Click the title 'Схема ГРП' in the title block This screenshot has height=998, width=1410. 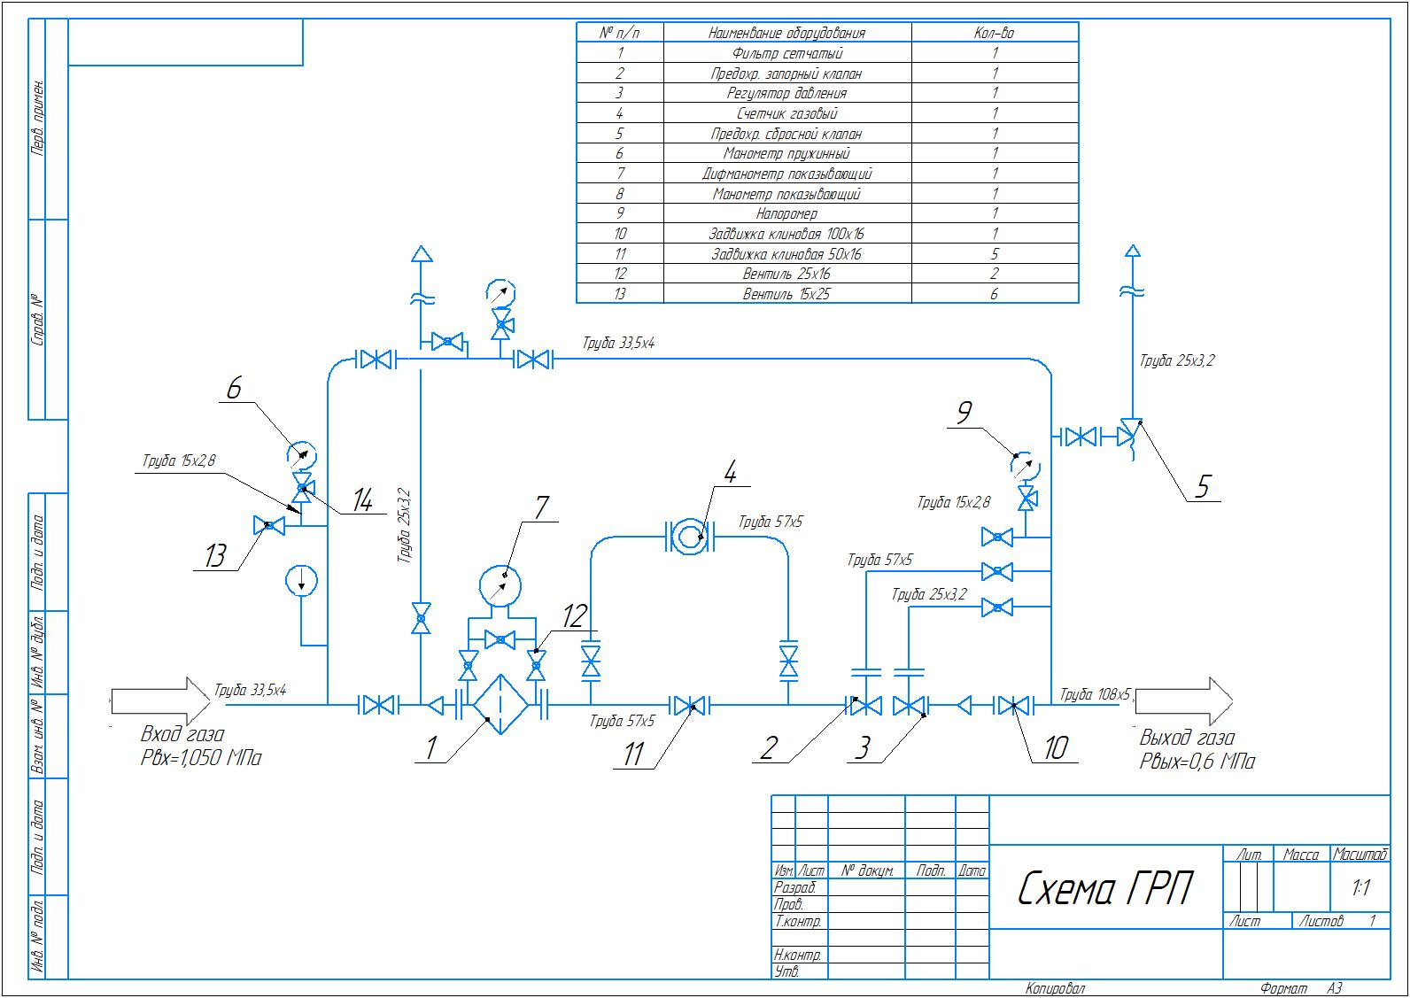[1104, 888]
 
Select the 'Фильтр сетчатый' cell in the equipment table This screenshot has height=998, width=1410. [786, 53]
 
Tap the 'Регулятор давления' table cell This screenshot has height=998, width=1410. [786, 93]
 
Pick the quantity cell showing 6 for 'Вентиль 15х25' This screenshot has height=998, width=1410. [995, 294]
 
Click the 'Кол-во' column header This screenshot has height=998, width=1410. [995, 33]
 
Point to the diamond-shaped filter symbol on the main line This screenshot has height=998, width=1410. [500, 705]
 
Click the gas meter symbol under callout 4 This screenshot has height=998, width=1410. [690, 537]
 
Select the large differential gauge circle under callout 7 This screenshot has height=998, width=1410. [500, 586]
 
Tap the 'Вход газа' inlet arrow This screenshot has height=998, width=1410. [160, 700]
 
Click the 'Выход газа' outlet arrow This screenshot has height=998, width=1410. [1184, 701]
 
